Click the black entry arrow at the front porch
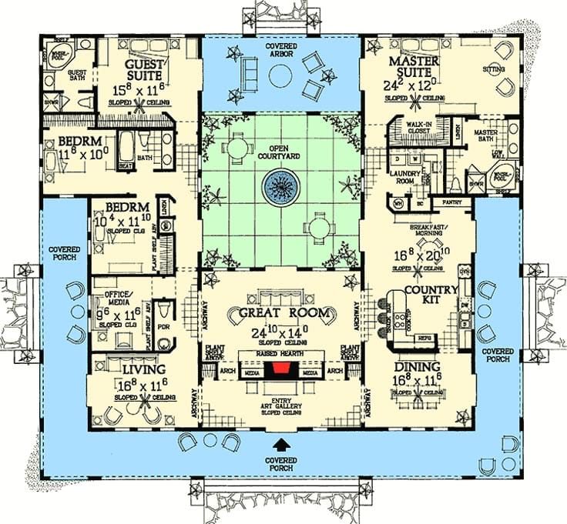[283, 445]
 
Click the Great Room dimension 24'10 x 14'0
[280, 333]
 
